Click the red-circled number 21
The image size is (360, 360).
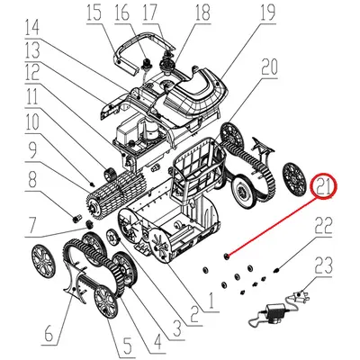pos(321,187)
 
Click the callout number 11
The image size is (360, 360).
pos(33,94)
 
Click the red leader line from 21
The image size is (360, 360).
pos(274,226)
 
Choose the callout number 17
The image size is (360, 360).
pos(150,13)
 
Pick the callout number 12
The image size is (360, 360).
pos(33,71)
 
